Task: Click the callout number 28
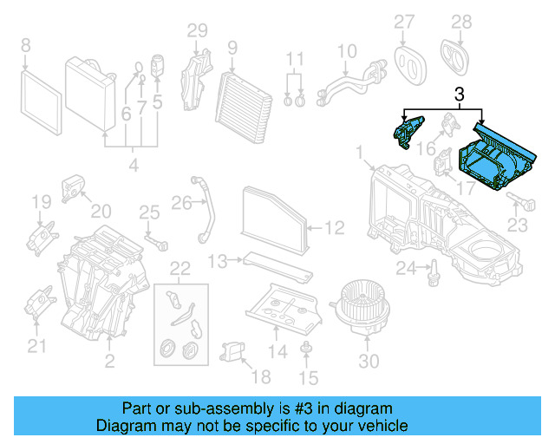461,22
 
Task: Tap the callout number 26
180,203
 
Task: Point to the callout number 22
180,267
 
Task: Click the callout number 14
277,351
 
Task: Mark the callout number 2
109,359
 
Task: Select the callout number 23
517,225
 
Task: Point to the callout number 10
347,51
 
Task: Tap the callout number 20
101,211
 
